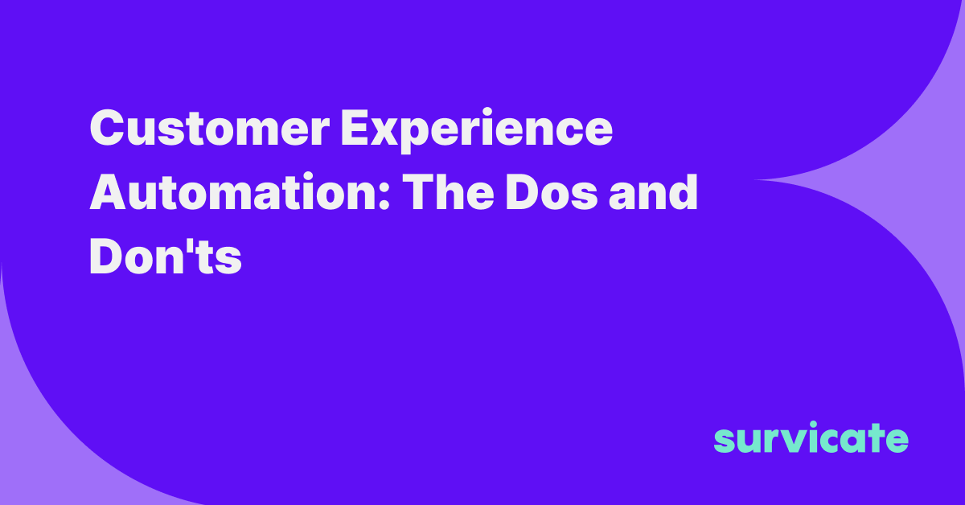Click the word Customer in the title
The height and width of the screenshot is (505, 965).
(x=209, y=128)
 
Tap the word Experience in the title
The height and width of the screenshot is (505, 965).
(x=476, y=130)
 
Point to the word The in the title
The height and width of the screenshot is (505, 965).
(x=448, y=191)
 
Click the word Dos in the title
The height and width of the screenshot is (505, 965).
(x=552, y=192)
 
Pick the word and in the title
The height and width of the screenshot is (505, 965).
(x=654, y=191)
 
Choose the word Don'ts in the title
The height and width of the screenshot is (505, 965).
(x=166, y=256)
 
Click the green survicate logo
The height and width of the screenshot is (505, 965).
(x=811, y=437)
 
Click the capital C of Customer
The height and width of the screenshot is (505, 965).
(x=107, y=128)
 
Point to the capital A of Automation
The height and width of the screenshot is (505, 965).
(x=108, y=191)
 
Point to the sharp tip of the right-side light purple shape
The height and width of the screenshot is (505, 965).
(x=755, y=179)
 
